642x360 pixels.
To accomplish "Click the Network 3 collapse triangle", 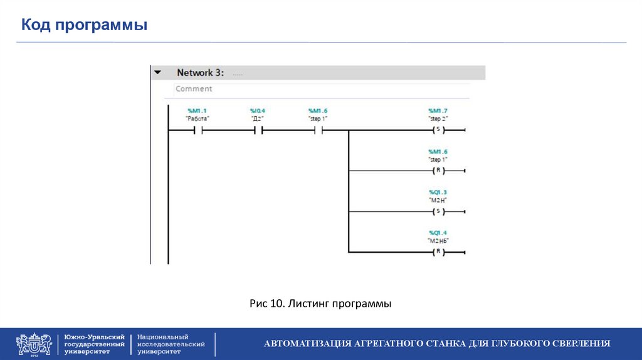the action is point(158,73).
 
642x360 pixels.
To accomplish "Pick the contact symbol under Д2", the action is point(257,130).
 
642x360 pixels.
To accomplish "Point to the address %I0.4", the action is point(257,110).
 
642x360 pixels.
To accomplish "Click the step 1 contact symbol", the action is point(318,130).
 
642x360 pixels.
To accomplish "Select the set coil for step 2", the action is point(438,130).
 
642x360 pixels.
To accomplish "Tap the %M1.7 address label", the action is point(438,110).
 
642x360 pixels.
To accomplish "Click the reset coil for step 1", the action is point(438,171).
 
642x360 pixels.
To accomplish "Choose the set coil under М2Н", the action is point(438,211).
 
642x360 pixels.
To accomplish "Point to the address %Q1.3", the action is point(438,192).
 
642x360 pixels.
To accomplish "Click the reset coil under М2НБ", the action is point(438,252).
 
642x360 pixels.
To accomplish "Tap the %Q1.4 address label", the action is point(438,232).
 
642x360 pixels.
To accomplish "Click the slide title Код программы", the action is point(85,25).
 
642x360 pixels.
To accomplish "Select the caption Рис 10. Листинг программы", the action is point(320,304).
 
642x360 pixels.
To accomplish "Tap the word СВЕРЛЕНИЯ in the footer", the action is point(582,344).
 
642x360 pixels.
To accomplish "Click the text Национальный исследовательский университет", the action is point(171,344).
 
